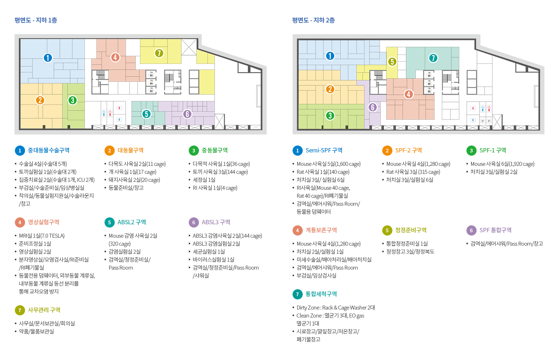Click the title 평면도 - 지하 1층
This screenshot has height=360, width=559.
pos(36,20)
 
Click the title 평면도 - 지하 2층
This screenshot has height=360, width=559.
pos(314,20)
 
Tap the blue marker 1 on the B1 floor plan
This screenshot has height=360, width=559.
pos(48,58)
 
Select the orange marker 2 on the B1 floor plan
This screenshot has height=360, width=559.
pos(40,100)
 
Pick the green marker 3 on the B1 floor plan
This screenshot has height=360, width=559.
pos(72,100)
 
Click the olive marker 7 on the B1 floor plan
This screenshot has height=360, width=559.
pos(159,53)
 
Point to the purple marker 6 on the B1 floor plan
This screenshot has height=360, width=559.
pos(187,114)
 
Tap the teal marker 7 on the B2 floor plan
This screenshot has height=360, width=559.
pos(433,58)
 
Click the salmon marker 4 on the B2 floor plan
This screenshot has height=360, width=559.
pos(408,94)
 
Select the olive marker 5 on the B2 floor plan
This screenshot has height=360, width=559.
pos(392,62)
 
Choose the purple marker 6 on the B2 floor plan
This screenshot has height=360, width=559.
pos(372,107)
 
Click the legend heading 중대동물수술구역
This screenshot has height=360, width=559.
pos(49,150)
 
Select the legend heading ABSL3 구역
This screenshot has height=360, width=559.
pos(216,222)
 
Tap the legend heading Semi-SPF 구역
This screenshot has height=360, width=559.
pos(324,150)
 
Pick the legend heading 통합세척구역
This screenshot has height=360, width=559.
pos(321,294)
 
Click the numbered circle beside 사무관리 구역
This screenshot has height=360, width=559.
pos(20,310)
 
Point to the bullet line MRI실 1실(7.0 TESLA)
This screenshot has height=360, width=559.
pos(42,236)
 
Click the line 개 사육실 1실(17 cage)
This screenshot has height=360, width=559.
pos(132,172)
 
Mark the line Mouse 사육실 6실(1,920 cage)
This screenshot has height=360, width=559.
pos(502,164)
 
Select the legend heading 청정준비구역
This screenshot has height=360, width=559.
pos(411,230)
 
